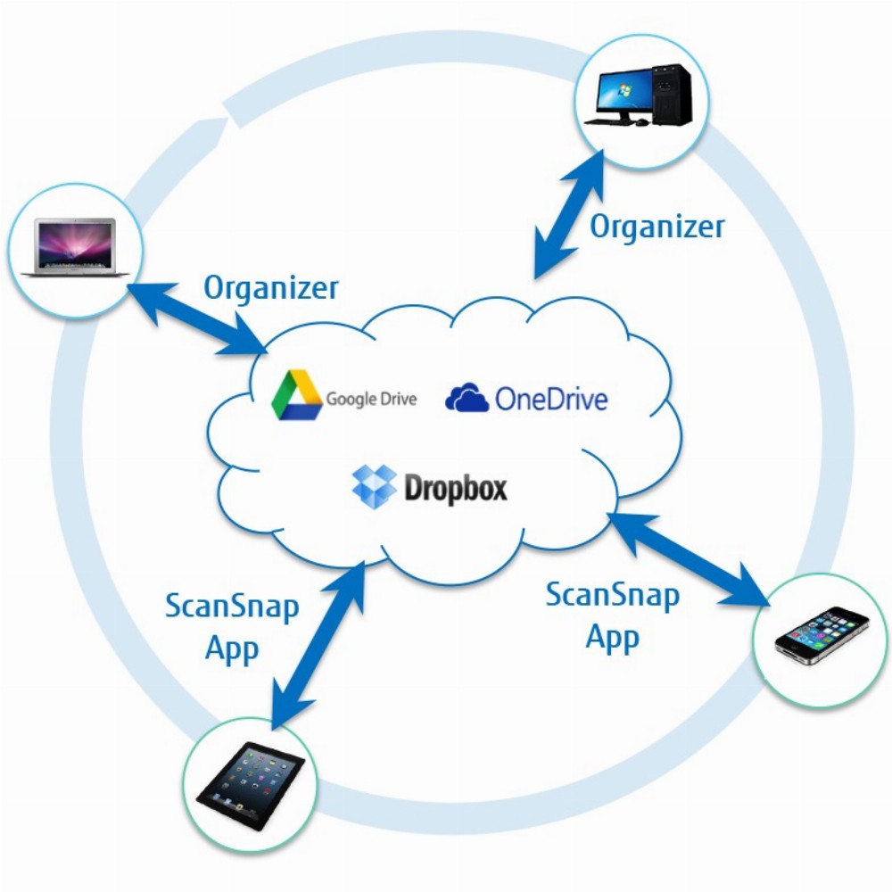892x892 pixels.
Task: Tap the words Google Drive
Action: click(x=371, y=398)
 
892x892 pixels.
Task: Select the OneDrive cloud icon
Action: click(x=467, y=397)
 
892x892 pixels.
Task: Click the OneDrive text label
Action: click(x=551, y=399)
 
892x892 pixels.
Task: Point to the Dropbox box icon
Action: click(x=374, y=486)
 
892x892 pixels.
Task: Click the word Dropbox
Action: click(x=455, y=488)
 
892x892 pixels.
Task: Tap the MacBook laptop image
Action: click(x=75, y=247)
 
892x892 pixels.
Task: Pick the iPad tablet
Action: click(x=251, y=786)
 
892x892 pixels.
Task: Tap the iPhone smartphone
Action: click(x=822, y=636)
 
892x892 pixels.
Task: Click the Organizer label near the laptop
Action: click(x=271, y=288)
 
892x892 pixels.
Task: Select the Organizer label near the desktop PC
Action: click(x=657, y=227)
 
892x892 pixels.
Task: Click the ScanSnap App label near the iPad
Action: click(x=232, y=627)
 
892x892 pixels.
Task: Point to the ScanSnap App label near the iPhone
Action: click(x=613, y=615)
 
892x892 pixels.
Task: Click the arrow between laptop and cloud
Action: click(x=196, y=318)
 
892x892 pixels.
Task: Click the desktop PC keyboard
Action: click(x=608, y=120)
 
